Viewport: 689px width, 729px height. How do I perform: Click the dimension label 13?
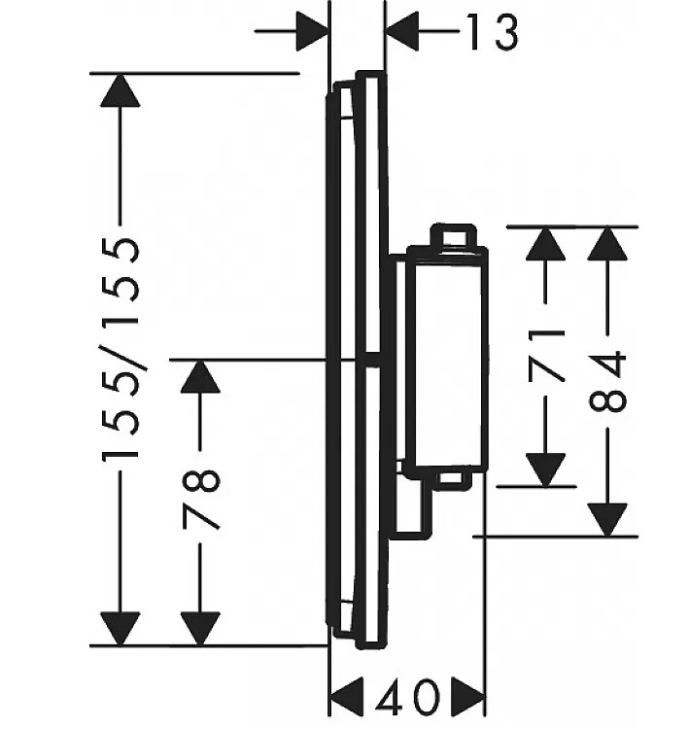(493, 32)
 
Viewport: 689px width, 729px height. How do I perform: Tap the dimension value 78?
(200, 500)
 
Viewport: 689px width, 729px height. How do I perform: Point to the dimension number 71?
(546, 355)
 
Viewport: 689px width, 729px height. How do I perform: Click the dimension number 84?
(607, 382)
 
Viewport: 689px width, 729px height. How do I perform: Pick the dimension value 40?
(407, 697)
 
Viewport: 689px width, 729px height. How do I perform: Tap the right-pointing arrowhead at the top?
(312, 31)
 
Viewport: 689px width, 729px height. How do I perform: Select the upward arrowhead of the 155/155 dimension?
(120, 90)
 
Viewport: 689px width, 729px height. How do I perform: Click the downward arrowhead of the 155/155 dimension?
(120, 629)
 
